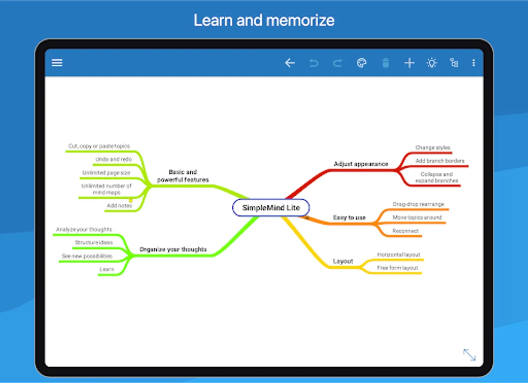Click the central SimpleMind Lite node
click(271, 208)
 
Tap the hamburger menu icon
click(57, 63)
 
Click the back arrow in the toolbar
click(290, 63)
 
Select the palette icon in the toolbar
click(361, 63)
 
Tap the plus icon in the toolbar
click(409, 63)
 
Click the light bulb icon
click(432, 63)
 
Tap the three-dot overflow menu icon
click(473, 63)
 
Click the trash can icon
click(385, 63)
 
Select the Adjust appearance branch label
click(361, 164)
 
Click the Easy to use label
click(349, 217)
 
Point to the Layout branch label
click(343, 261)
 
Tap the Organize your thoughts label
click(173, 249)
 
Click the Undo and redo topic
click(114, 159)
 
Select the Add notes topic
click(119, 206)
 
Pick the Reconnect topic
click(406, 231)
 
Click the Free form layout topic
click(397, 268)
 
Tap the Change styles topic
click(433, 148)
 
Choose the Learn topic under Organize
click(107, 269)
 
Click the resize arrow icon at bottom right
click(469, 354)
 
